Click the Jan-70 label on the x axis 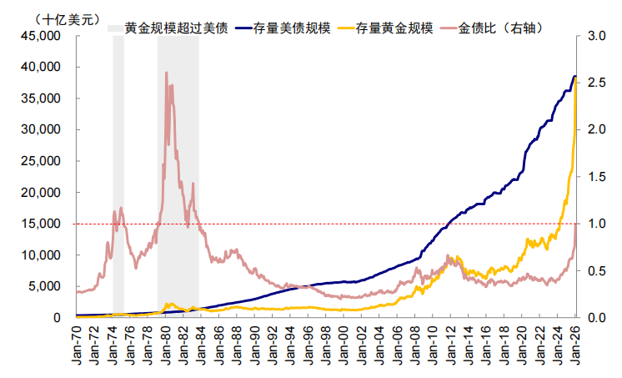[x=77, y=342]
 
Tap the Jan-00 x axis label [x=344, y=342]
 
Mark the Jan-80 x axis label [x=166, y=342]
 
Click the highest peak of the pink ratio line [x=166, y=73]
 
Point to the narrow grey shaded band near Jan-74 [x=118, y=167]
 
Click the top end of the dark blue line [x=574, y=77]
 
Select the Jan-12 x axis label [x=450, y=342]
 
